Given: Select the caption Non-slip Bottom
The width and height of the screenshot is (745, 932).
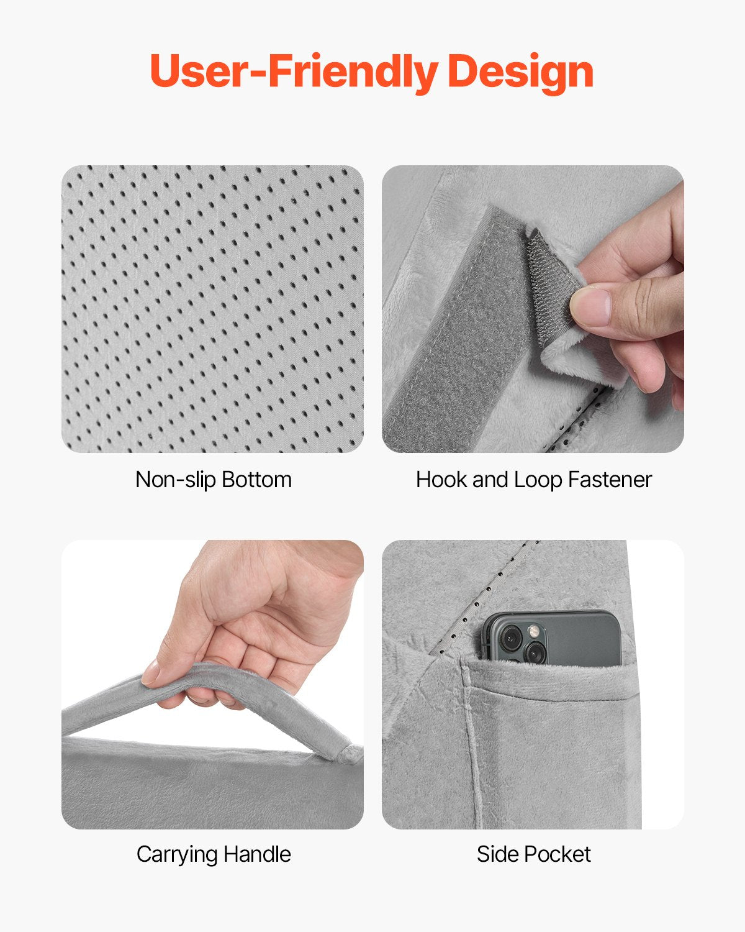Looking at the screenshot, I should [213, 480].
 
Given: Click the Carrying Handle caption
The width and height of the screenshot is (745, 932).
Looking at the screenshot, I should [213, 854].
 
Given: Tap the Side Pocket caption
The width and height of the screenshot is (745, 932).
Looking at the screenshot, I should [533, 854].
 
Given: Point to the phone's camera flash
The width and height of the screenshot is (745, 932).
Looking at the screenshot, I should [532, 632].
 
